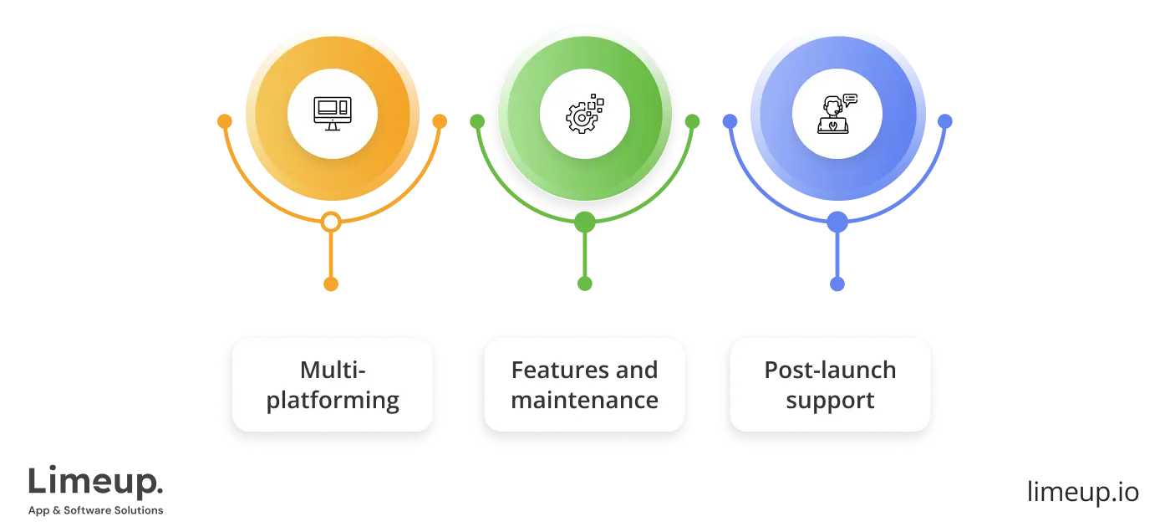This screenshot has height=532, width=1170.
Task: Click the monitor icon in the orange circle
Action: point(332,113)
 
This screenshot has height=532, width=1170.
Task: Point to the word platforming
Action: point(333,400)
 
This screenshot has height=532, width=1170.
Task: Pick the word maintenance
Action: point(584,400)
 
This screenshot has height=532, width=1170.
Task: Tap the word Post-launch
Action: point(830,370)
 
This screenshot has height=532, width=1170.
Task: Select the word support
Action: point(830,400)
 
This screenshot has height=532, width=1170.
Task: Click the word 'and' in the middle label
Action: point(637,370)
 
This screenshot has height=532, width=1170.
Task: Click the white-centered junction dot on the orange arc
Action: point(331,223)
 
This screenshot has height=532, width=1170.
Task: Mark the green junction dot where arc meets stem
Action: point(585,223)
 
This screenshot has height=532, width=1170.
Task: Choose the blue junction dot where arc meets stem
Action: point(837,223)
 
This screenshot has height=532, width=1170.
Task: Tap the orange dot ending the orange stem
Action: point(331,284)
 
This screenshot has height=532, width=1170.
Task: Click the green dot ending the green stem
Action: point(585,284)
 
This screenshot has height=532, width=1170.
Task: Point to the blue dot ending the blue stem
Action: point(837,284)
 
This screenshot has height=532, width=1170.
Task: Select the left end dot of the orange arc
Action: point(224,122)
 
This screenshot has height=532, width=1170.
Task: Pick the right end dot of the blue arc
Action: point(945,122)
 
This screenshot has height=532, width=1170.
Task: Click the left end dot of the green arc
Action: point(477,122)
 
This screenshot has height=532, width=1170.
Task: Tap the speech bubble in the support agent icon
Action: point(851,100)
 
